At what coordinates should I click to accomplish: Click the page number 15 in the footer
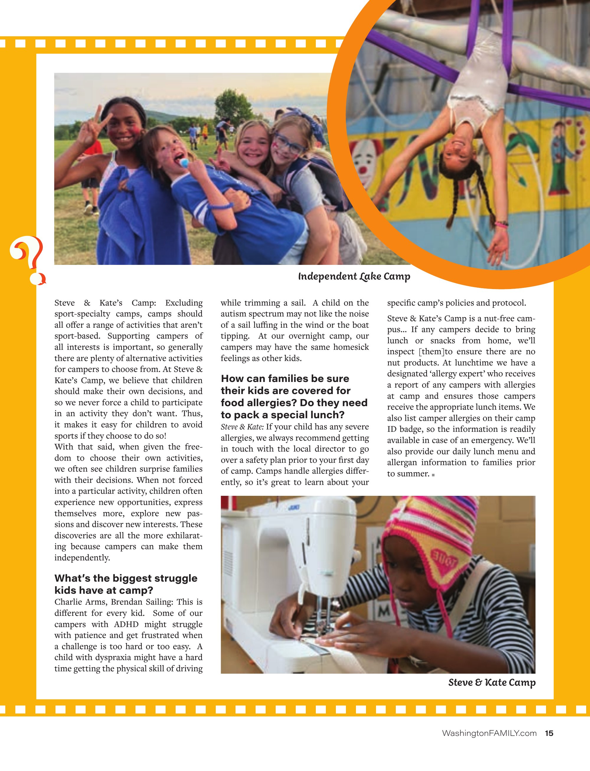tap(549, 743)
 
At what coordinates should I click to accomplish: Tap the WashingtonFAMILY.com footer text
tap(489, 743)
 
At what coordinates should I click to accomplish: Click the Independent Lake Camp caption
tap(354, 277)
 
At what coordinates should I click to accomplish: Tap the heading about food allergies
tap(294, 396)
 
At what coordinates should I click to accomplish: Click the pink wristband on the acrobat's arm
tap(501, 223)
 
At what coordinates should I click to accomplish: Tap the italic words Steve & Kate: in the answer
tap(242, 427)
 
